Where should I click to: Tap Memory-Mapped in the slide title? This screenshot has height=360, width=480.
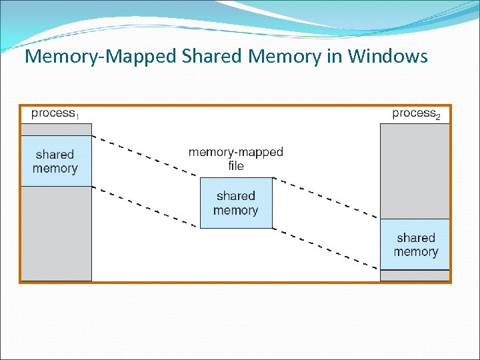pos(100,57)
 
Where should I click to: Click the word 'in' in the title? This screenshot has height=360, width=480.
pos(333,57)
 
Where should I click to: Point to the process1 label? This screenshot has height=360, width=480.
pos(55,113)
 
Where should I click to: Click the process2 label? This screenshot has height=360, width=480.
pos(416,113)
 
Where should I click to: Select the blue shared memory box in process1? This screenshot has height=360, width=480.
pos(55,161)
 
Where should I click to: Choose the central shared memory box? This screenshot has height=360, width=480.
pos(236,203)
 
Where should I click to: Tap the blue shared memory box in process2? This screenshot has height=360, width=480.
pos(415,245)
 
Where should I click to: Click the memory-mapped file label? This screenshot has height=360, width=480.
pos(236,159)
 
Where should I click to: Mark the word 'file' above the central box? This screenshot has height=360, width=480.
pos(236,166)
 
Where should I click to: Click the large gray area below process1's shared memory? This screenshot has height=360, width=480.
pos(55,233)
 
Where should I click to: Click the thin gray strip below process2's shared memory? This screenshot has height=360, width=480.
pos(415,275)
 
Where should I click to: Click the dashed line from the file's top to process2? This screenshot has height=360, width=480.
pos(327,198)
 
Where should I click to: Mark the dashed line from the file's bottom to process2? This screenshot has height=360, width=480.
pos(327,249)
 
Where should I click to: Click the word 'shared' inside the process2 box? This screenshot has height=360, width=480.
pos(415,238)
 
